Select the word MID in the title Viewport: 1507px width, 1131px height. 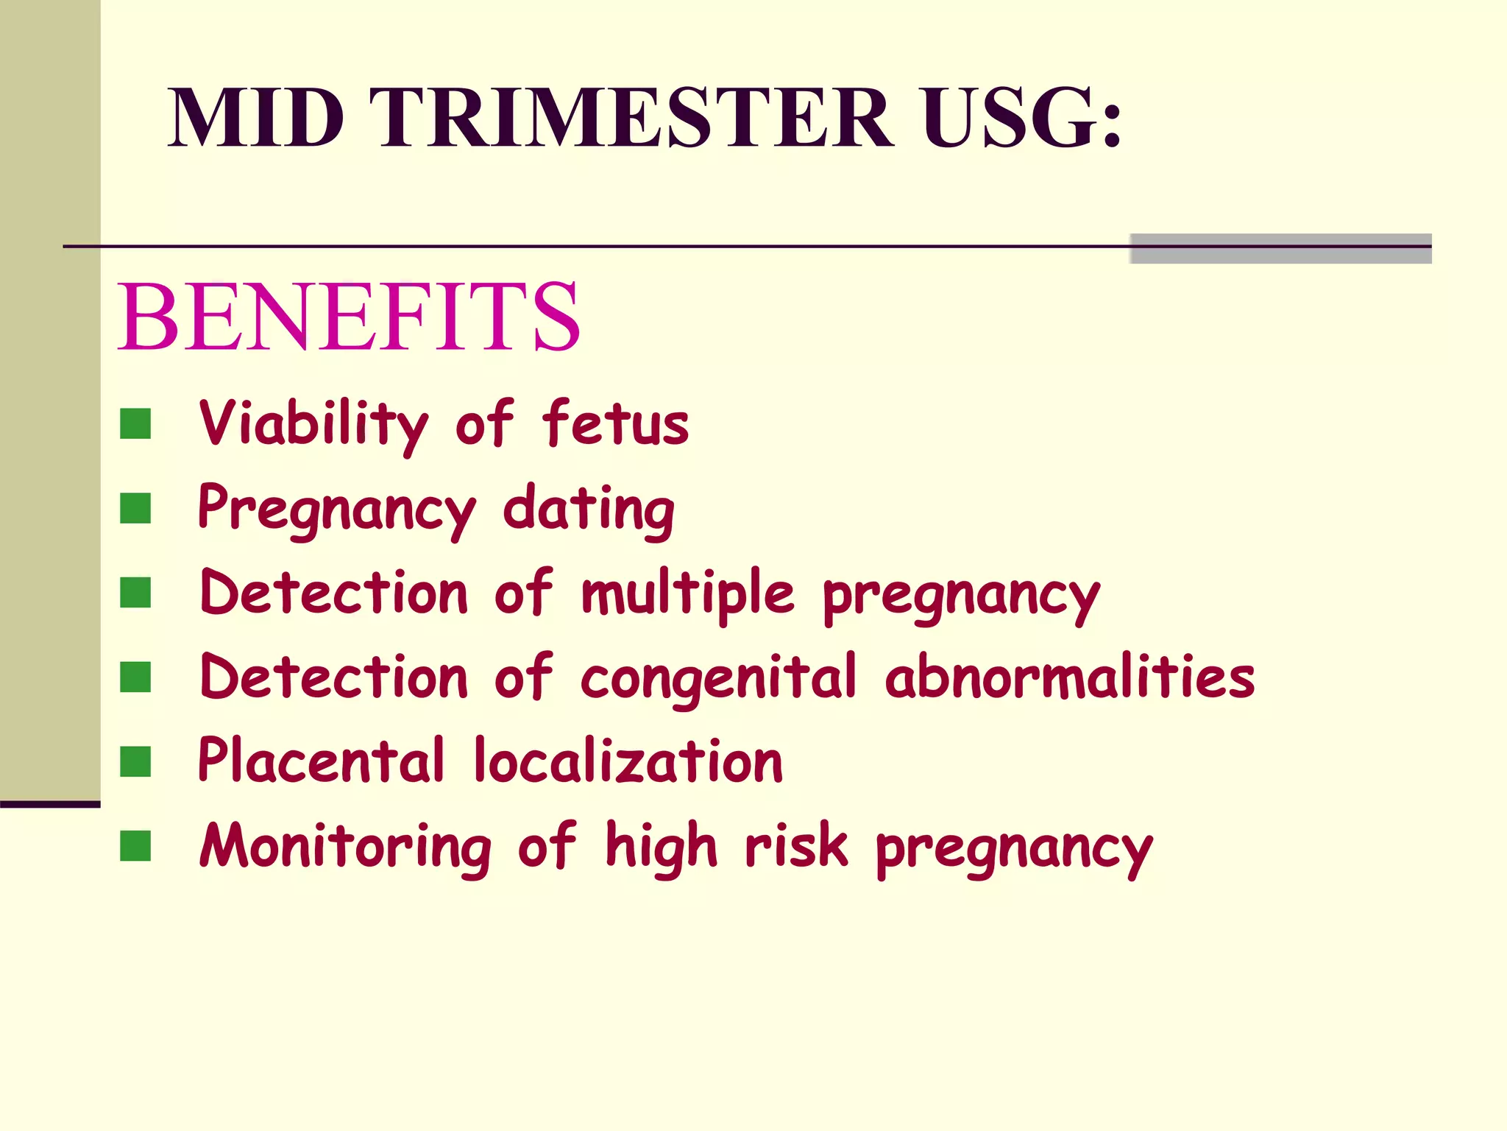pyautogui.click(x=256, y=118)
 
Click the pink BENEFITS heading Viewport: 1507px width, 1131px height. pyautogui.click(x=349, y=317)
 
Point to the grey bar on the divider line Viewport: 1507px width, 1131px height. pyautogui.click(x=1280, y=249)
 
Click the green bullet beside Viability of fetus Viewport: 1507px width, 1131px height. pyautogui.click(x=135, y=424)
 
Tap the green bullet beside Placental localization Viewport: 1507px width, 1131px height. pyautogui.click(x=135, y=762)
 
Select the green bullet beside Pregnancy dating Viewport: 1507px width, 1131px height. pyautogui.click(x=135, y=509)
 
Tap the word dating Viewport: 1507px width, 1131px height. pyautogui.click(x=589, y=510)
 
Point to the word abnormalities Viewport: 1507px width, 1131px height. pyautogui.click(x=1070, y=677)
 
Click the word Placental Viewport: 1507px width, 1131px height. pyautogui.click(x=322, y=761)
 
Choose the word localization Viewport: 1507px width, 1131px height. pyautogui.click(x=628, y=761)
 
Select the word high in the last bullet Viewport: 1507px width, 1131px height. pyautogui.click(x=661, y=847)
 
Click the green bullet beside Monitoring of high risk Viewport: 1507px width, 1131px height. pyautogui.click(x=135, y=846)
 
